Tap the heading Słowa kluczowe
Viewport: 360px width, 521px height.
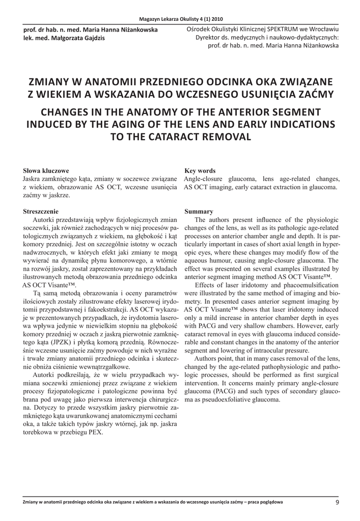point(46,171)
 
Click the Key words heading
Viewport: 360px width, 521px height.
point(200,171)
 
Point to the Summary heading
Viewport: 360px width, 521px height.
point(198,211)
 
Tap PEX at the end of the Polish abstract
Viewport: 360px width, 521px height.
point(96,432)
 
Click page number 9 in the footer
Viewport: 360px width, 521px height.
point(337,503)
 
